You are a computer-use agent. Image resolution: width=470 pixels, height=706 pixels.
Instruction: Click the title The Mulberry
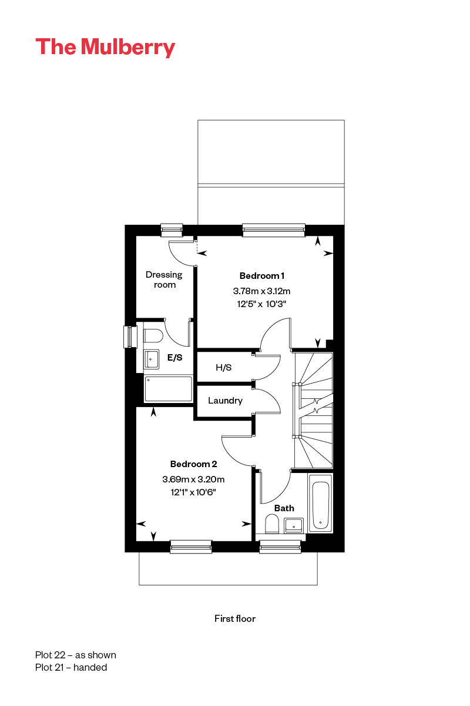click(105, 47)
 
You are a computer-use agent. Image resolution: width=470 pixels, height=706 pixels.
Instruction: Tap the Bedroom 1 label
click(262, 276)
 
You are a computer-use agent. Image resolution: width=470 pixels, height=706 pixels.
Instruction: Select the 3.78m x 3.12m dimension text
click(262, 291)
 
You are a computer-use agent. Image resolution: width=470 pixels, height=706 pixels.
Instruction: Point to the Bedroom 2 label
click(193, 464)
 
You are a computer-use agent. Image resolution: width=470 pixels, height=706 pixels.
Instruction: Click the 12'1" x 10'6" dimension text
click(193, 492)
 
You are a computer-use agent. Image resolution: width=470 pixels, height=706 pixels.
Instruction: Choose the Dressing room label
click(164, 279)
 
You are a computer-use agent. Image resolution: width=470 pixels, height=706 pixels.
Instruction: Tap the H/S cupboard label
click(224, 368)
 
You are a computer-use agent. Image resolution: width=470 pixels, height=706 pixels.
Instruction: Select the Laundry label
click(225, 401)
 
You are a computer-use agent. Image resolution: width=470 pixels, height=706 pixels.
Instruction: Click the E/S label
click(174, 357)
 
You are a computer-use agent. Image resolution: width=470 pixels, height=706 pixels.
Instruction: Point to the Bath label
click(284, 508)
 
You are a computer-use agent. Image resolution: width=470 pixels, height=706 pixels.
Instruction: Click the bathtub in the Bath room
click(320, 505)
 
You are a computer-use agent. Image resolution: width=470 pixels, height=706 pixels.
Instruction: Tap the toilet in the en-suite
click(152, 336)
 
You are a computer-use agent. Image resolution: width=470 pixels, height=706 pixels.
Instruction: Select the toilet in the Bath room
click(272, 523)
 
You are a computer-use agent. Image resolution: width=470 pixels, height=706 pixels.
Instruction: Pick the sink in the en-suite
click(152, 357)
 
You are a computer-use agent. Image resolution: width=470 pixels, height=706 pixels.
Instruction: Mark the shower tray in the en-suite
click(168, 388)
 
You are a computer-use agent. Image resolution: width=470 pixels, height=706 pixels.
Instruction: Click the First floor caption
click(235, 618)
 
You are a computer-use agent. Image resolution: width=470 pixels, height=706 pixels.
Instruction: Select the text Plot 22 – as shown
click(76, 655)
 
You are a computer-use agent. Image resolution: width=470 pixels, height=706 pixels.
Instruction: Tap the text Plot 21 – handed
click(71, 667)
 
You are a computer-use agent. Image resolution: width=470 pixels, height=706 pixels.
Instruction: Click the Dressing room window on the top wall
click(172, 229)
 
